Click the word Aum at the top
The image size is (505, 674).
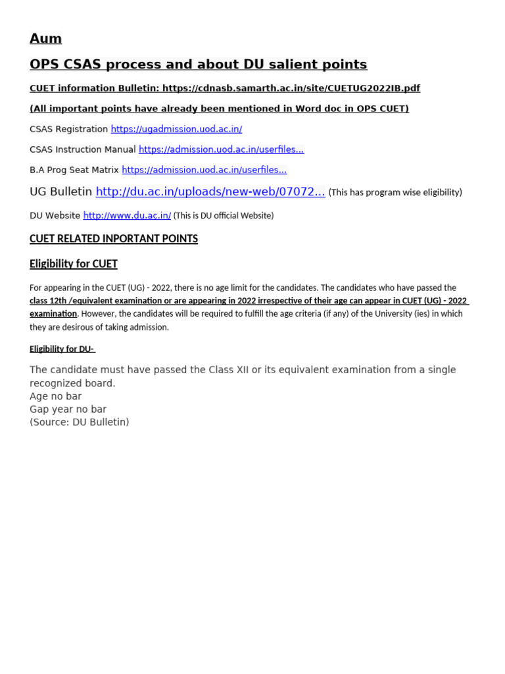point(45,39)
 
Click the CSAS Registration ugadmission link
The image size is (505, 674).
point(176,129)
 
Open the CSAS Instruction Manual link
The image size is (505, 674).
point(221,149)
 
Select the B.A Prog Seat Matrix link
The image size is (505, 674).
point(204,170)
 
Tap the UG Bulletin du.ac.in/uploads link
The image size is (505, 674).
point(210,192)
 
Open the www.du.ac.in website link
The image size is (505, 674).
point(127,215)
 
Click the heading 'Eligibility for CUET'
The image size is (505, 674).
point(74,264)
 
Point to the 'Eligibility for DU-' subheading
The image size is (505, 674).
point(62,349)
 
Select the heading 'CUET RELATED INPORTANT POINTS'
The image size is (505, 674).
point(114,239)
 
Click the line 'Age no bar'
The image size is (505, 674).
point(56,396)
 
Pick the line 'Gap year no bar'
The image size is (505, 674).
point(68,409)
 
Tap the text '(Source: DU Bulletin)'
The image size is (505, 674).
point(80,422)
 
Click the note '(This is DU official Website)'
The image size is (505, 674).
point(224,215)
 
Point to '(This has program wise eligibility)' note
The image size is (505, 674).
point(395,192)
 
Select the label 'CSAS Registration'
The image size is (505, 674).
point(68,129)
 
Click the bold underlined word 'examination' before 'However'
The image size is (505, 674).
point(53,314)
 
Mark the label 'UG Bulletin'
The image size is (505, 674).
point(61,192)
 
